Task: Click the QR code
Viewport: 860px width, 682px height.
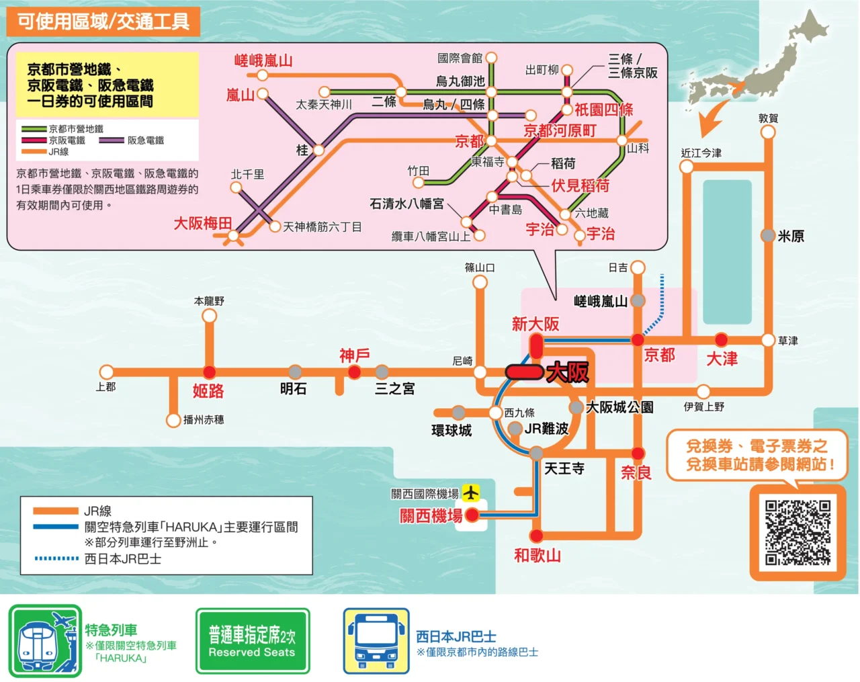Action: pos(798,532)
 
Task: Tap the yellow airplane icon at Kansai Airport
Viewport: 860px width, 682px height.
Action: pos(471,493)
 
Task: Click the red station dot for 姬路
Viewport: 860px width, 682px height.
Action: pos(210,372)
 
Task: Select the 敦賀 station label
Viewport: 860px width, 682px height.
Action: pos(768,118)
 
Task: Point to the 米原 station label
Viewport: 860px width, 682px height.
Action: pos(791,236)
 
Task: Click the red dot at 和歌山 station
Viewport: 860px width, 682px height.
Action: pos(536,536)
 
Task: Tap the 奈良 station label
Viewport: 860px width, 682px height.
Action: pos(636,472)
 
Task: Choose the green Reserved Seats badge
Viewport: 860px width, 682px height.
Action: pos(253,641)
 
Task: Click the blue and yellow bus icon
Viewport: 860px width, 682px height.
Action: pos(376,641)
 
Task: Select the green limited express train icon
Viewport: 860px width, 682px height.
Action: pos(45,641)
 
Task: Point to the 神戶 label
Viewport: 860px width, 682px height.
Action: pos(354,355)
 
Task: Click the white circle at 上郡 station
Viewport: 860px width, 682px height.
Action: pos(106,372)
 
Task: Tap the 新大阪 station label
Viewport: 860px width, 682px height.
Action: pos(535,324)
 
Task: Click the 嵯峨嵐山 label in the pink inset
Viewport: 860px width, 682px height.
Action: pos(263,60)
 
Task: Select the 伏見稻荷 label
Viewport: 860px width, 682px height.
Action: pos(580,185)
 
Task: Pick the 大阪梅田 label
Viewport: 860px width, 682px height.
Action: pos(202,223)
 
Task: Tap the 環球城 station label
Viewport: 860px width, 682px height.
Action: pos(451,430)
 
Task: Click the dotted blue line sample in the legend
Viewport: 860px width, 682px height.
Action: pos(56,558)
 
